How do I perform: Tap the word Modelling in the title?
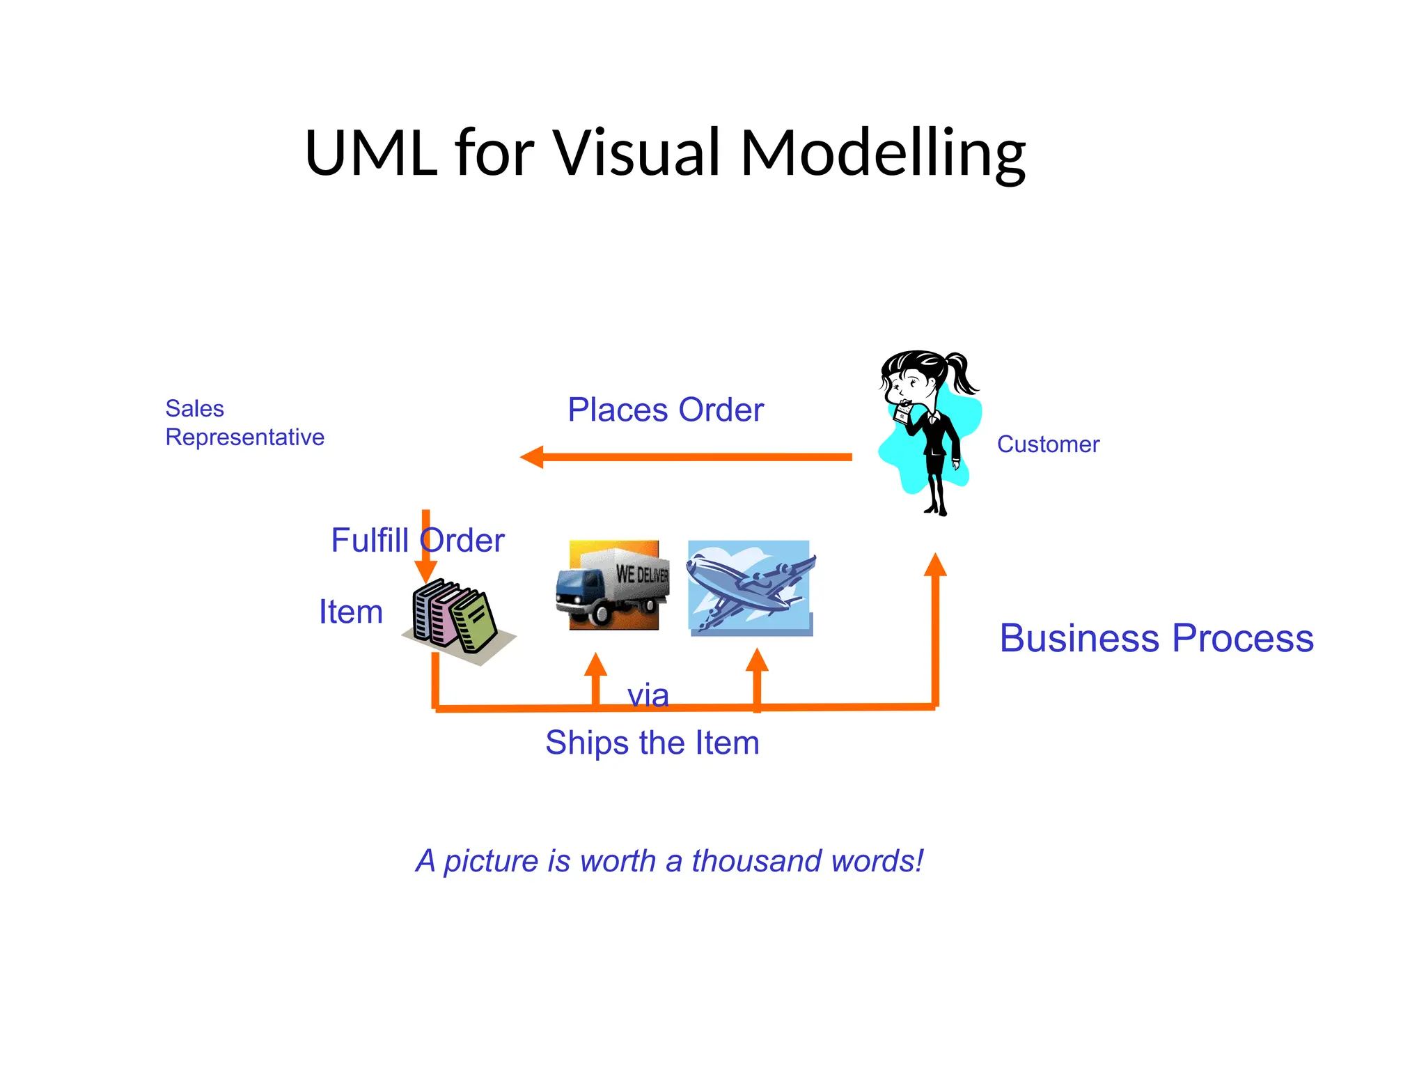[882, 155]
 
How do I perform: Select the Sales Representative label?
[244, 422]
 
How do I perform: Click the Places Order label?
[665, 410]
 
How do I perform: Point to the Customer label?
[1048, 444]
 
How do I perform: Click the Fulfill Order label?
[417, 540]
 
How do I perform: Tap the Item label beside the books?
[351, 612]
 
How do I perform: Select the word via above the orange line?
[648, 695]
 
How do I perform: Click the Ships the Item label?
[652, 743]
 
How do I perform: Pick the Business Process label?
[1156, 638]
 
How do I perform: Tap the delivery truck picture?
[613, 585]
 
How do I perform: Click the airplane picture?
[750, 587]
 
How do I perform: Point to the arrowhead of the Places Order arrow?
[532, 457]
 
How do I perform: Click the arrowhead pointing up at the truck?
[595, 665]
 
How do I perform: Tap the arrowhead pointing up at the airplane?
[757, 660]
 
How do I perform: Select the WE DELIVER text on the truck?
[642, 574]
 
